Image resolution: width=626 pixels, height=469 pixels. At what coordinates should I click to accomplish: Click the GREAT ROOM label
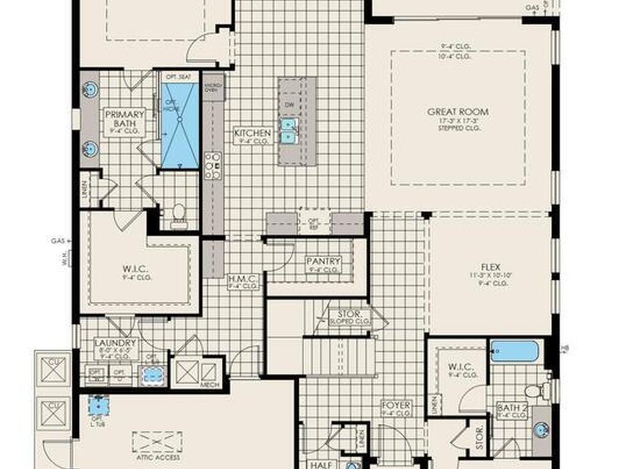tap(457, 112)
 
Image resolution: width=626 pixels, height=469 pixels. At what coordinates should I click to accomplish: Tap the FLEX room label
tap(490, 267)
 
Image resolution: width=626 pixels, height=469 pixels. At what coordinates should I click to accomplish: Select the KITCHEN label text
tap(252, 133)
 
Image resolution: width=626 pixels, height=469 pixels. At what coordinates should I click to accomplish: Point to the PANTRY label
tap(323, 261)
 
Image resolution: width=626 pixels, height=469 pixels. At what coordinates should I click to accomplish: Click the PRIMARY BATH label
tap(124, 118)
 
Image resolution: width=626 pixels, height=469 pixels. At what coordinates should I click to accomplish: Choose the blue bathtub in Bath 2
tap(515, 352)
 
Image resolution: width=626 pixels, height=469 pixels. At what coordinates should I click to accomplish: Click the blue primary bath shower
tap(180, 125)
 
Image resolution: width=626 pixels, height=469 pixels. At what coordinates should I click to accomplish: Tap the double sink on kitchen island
tap(287, 130)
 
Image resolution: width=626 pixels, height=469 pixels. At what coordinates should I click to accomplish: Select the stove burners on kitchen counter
tap(212, 165)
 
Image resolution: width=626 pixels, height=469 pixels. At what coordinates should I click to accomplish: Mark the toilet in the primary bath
tap(179, 213)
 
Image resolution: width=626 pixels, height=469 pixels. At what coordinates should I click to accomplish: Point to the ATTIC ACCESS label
tap(158, 457)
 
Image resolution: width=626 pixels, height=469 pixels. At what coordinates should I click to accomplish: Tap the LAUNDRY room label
tap(115, 343)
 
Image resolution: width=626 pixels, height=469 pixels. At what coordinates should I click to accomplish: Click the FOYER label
tap(396, 405)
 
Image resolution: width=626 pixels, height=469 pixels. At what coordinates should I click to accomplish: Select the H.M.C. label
tap(243, 278)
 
